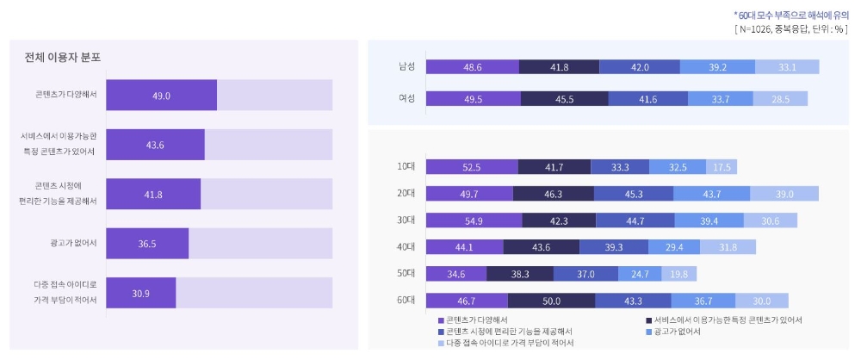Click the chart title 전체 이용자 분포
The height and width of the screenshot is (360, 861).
[x=63, y=58]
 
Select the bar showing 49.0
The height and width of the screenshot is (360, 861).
[x=161, y=96]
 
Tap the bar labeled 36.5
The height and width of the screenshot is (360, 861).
[x=146, y=244]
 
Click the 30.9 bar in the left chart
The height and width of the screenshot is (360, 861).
[x=141, y=293]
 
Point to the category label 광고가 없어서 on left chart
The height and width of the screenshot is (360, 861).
[x=74, y=244]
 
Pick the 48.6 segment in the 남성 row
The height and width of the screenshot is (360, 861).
[x=472, y=67]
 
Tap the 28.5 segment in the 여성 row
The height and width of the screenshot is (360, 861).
[x=781, y=98]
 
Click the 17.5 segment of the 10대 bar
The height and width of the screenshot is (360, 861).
[x=721, y=167]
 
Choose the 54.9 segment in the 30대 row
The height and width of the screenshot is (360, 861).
[x=474, y=220]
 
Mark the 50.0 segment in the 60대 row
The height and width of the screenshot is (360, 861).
[x=551, y=301]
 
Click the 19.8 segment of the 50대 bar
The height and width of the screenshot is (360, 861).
[x=678, y=274]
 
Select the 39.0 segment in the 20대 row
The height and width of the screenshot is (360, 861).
[x=784, y=194]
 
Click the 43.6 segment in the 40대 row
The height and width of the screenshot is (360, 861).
[x=541, y=247]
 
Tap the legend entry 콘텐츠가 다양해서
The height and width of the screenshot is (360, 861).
[x=482, y=320]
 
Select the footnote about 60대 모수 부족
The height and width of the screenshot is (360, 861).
[x=790, y=15]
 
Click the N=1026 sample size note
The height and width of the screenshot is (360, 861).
[x=790, y=28]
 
